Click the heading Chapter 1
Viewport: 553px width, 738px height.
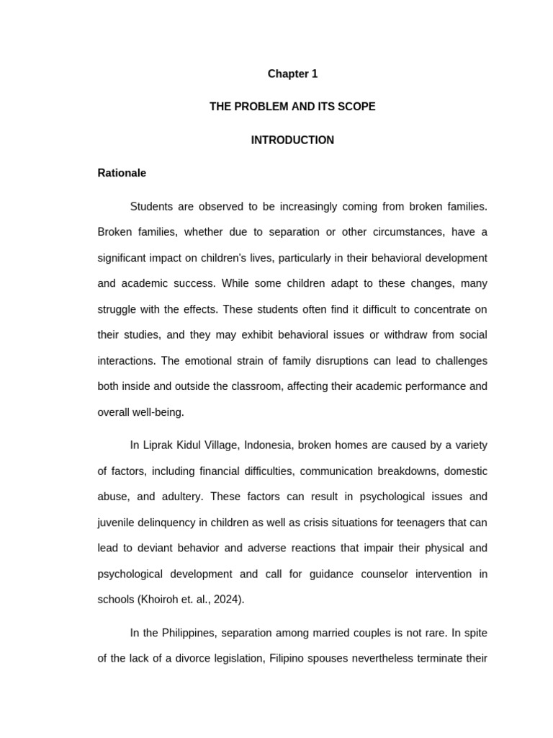click(292, 74)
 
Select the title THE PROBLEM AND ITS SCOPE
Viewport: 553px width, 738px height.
click(292, 107)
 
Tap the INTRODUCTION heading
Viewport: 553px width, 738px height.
click(292, 140)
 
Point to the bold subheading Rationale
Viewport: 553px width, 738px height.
click(122, 173)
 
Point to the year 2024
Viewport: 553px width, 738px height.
click(228, 600)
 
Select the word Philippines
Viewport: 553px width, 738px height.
click(188, 633)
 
